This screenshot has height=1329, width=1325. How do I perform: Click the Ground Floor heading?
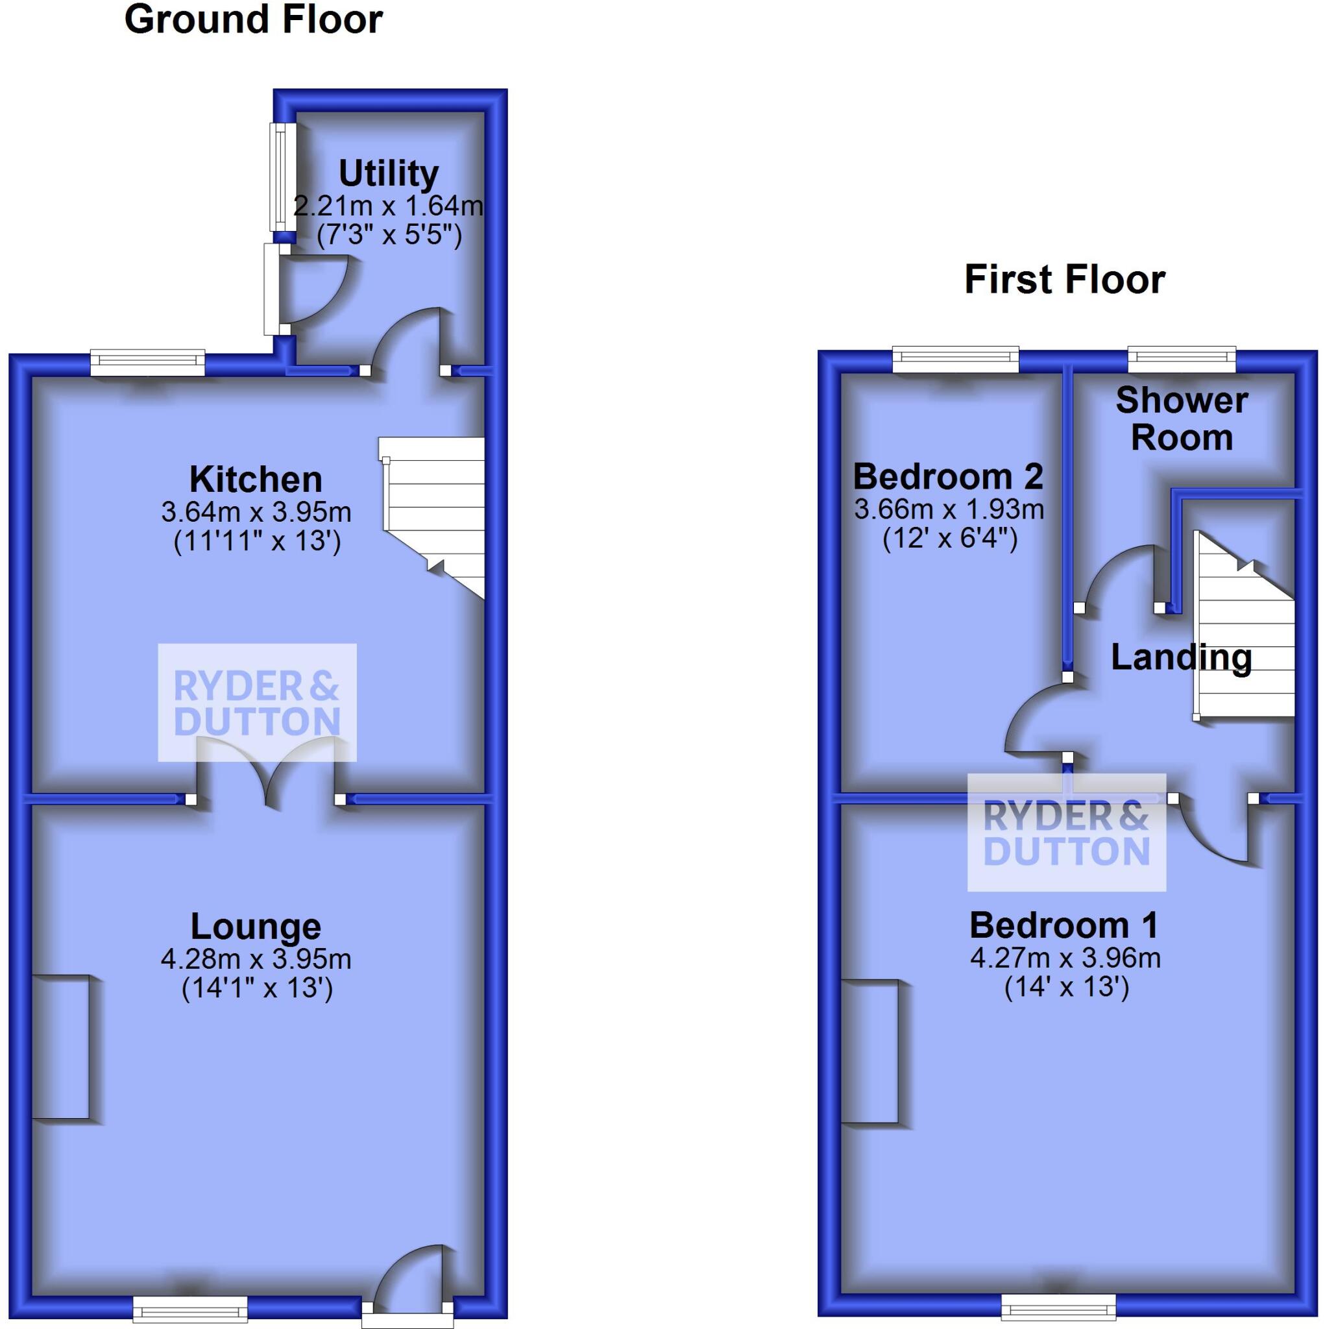pyautogui.click(x=253, y=19)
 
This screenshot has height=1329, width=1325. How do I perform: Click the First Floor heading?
pyautogui.click(x=1064, y=279)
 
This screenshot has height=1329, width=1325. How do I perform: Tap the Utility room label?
pyautogui.click(x=389, y=173)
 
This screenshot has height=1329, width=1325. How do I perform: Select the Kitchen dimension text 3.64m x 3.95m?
pyautogui.click(x=256, y=513)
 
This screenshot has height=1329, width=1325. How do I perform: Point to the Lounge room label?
pyautogui.click(x=256, y=926)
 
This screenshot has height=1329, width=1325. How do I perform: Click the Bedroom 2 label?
pyautogui.click(x=948, y=476)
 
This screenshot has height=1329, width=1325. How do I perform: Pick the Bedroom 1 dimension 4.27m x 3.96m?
pyautogui.click(x=1065, y=958)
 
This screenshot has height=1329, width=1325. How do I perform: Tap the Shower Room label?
pyautogui.click(x=1181, y=419)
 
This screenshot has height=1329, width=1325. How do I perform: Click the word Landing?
pyautogui.click(x=1180, y=657)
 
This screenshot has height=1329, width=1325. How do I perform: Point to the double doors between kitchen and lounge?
pyautogui.click(x=266, y=767)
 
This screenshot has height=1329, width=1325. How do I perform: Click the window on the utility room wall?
pyautogui.click(x=281, y=177)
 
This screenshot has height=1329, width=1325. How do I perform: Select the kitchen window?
pyautogui.click(x=148, y=362)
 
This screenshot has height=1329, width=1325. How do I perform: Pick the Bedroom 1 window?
pyautogui.click(x=1058, y=1304)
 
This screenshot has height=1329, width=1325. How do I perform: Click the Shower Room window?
pyautogui.click(x=1181, y=359)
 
